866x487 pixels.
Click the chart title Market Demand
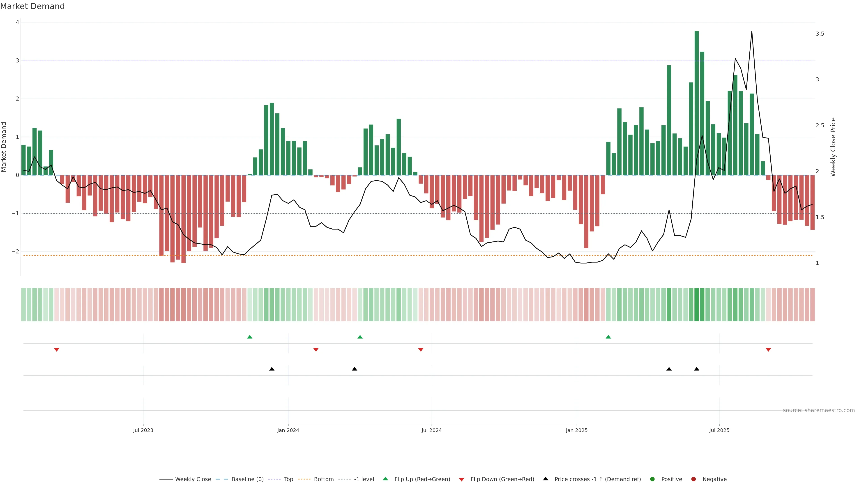pyautogui.click(x=32, y=6)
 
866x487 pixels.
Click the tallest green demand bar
pyautogui.click(x=697, y=101)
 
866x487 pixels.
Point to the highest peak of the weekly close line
pyautogui.click(x=752, y=32)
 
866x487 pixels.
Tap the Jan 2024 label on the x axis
pyautogui.click(x=288, y=430)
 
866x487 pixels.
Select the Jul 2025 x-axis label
pyautogui.click(x=719, y=430)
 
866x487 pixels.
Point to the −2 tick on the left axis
pyautogui.click(x=16, y=251)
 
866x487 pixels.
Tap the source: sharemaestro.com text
pyautogui.click(x=819, y=410)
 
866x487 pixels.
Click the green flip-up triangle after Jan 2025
pyautogui.click(x=608, y=337)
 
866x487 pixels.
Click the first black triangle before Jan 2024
pyautogui.click(x=272, y=369)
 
